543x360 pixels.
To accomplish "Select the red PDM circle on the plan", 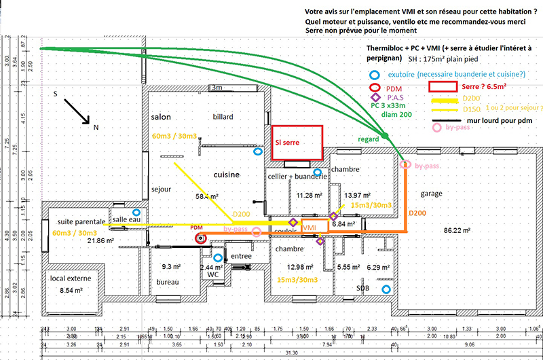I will (201, 238).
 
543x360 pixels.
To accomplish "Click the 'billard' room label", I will (223, 117).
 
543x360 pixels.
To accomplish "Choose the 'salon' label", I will (161, 118).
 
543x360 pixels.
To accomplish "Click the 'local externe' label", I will (69, 278).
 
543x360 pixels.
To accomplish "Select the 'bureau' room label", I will (167, 282).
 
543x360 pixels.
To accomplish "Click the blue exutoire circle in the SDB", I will (386, 290).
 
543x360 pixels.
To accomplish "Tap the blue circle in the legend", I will (373, 75).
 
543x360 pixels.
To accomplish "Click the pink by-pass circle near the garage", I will (406, 164).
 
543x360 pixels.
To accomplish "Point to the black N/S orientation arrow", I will (77, 111).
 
